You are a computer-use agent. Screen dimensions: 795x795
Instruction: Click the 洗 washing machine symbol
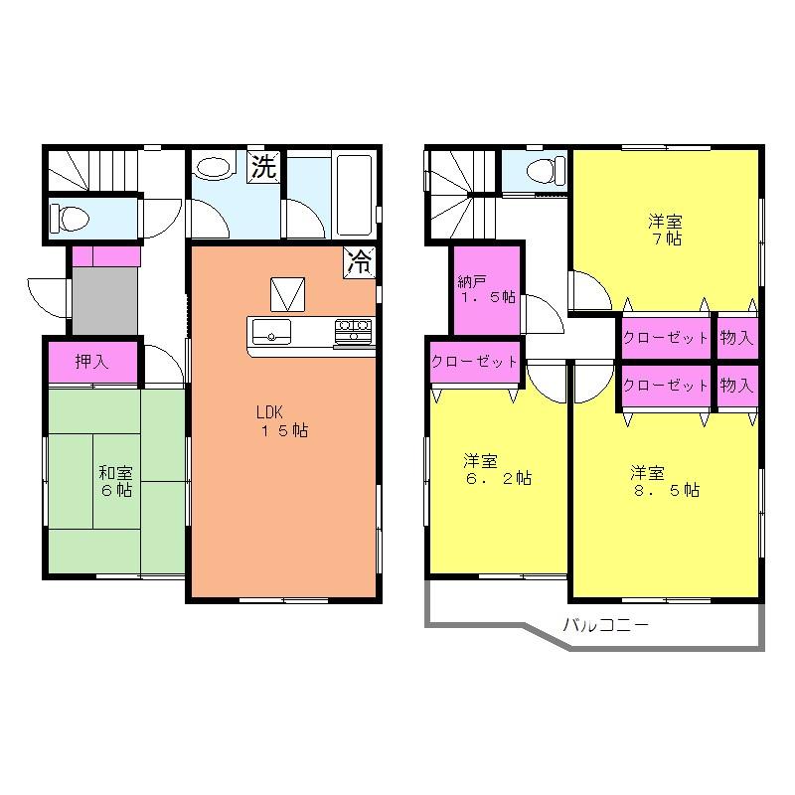point(262,168)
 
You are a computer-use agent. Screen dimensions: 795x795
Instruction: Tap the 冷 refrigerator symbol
point(360,262)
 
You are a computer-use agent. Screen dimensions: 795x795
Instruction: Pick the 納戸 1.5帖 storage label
point(486,288)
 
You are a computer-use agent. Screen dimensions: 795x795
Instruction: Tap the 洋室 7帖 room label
point(665,230)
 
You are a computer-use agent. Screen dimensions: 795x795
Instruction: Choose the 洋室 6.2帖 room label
point(496,469)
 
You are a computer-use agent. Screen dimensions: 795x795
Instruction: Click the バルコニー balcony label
point(605,626)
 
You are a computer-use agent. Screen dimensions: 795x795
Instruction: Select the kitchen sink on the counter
point(271,329)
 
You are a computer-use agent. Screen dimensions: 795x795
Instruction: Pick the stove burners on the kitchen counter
point(353,328)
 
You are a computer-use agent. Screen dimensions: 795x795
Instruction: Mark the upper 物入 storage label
point(736,338)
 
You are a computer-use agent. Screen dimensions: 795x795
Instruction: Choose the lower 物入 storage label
point(736,385)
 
